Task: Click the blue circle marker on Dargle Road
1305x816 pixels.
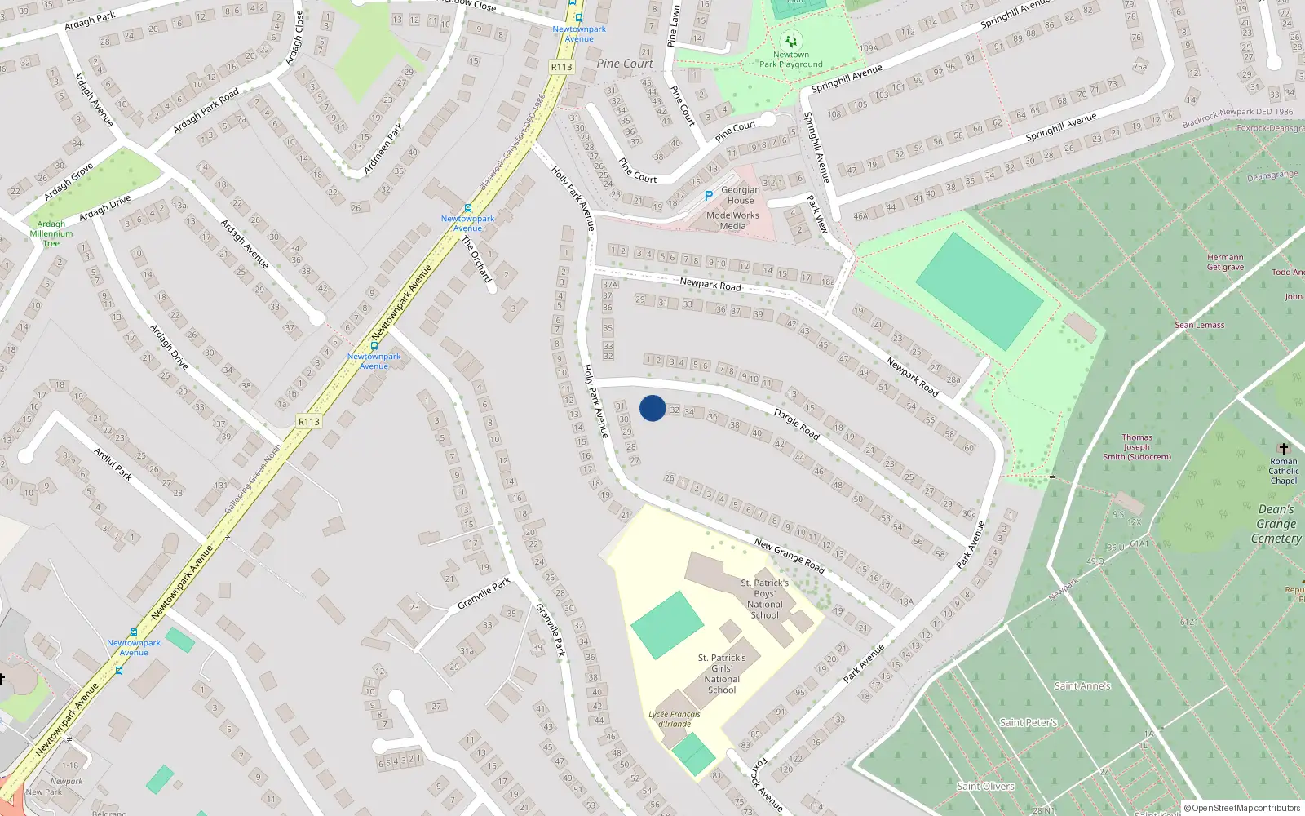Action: [652, 408]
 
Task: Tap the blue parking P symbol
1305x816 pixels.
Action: [709, 196]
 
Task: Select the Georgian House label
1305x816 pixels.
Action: [741, 195]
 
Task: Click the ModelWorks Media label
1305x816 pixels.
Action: [732, 221]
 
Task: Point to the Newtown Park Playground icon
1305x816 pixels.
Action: [790, 40]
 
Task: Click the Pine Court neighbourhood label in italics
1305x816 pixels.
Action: [625, 64]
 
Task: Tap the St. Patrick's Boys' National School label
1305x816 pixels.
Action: [765, 599]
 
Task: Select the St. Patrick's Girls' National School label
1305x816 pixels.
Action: [722, 673]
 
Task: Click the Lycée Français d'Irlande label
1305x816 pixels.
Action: [675, 719]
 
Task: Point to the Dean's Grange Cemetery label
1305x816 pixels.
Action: [1276, 524]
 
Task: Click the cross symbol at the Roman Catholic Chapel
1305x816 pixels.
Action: [1283, 448]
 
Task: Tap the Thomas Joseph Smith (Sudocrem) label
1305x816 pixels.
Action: [1137, 447]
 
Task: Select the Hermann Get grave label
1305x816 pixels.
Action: [1225, 262]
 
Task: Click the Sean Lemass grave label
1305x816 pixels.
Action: [1199, 325]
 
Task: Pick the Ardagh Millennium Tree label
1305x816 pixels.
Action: [51, 233]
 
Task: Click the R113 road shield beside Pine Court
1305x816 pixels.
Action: [562, 67]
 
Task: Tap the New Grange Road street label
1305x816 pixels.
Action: [789, 554]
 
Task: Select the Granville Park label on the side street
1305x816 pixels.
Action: [484, 593]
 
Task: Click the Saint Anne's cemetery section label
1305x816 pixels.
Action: [1082, 686]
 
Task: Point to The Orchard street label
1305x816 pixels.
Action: [477, 259]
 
